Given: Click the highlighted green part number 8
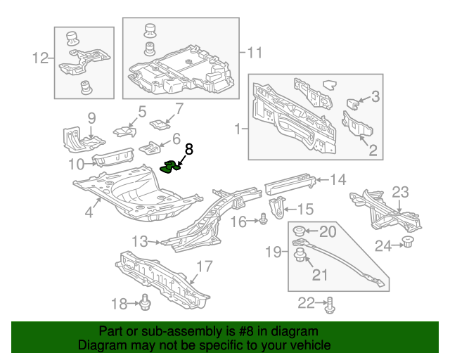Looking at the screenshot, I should pyautogui.click(x=171, y=167).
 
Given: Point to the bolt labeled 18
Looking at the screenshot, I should pyautogui.click(x=146, y=303).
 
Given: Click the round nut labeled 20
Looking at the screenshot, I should pyautogui.click(x=299, y=231).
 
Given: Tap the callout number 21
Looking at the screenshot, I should pyautogui.click(x=320, y=274).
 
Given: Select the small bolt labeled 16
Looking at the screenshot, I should pyautogui.click(x=262, y=221).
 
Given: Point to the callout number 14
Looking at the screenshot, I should pyautogui.click(x=338, y=180).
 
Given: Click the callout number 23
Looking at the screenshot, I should pyautogui.click(x=400, y=192).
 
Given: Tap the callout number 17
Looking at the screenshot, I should pyautogui.click(x=203, y=267).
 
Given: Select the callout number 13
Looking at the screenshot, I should pyautogui.click(x=140, y=241).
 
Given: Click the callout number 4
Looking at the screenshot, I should pyautogui.click(x=89, y=212).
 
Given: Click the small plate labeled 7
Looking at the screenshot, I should pyautogui.click(x=160, y=124).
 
